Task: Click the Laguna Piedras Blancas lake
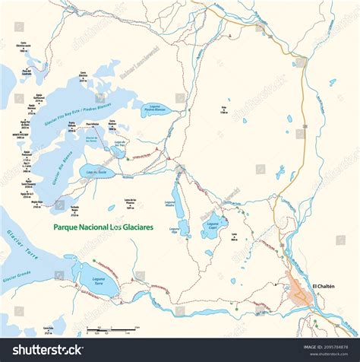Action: (158, 110)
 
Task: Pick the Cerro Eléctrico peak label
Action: (83, 75)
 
